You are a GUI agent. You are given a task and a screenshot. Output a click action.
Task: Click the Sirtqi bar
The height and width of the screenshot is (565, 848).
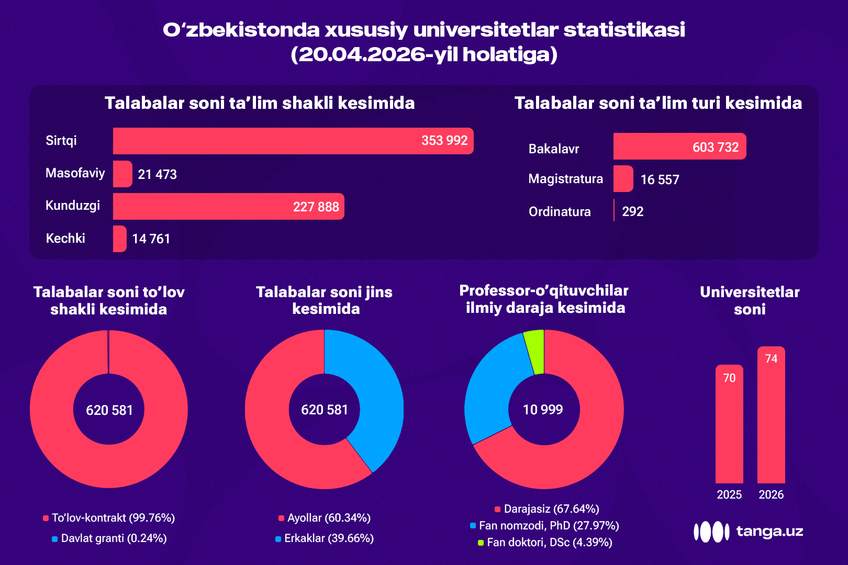click(x=293, y=141)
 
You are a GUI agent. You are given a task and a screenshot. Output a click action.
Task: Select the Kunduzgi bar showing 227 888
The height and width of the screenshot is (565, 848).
click(x=228, y=206)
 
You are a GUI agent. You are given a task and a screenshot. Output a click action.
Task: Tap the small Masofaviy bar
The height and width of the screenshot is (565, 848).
click(x=122, y=174)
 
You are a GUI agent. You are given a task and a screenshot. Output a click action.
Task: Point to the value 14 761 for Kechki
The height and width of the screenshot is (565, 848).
click(x=151, y=239)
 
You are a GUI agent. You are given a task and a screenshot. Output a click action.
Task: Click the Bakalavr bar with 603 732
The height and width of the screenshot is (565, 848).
click(x=679, y=146)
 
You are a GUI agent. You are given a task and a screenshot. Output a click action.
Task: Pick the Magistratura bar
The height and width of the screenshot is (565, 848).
click(x=623, y=179)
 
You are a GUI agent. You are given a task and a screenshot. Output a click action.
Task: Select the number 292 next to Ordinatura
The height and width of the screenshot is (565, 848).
click(x=632, y=211)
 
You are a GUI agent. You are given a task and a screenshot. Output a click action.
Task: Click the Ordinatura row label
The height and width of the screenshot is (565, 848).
click(x=560, y=211)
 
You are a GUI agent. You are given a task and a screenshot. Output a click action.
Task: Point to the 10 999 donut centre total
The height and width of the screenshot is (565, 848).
click(x=543, y=410)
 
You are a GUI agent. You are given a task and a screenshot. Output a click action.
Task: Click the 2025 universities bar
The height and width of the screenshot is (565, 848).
click(x=729, y=424)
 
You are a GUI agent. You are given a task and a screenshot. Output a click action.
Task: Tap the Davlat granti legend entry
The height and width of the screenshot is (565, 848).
click(x=109, y=538)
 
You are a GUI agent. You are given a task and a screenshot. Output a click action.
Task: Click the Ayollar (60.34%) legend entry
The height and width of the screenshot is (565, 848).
click(x=325, y=518)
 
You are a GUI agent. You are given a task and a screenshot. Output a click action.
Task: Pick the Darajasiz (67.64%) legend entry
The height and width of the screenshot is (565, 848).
click(x=547, y=508)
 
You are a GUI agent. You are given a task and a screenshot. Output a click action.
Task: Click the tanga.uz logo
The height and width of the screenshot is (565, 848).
click(x=748, y=532)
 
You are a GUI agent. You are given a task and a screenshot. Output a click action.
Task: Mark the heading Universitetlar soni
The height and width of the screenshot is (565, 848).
click(x=750, y=300)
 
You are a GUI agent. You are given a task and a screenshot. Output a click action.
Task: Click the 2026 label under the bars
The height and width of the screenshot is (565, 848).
click(x=771, y=494)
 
